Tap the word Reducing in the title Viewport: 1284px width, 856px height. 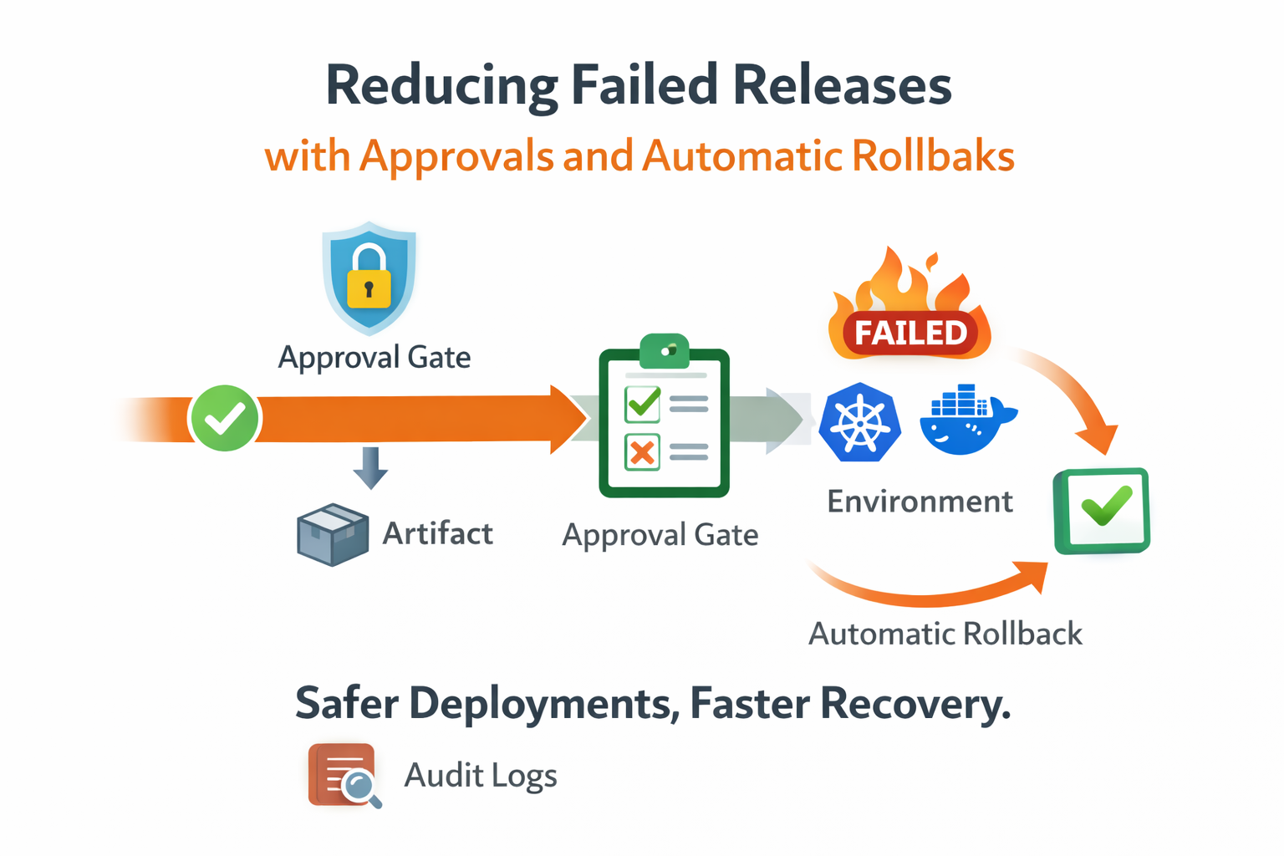(441, 85)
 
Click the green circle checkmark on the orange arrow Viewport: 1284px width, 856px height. (225, 418)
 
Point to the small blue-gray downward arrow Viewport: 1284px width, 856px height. (370, 467)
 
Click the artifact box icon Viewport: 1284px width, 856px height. (332, 535)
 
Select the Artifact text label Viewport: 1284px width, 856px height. (437, 533)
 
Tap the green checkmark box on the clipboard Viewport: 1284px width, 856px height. (643, 405)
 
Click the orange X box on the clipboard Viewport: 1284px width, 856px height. (642, 453)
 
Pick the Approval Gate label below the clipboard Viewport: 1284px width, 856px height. (660, 535)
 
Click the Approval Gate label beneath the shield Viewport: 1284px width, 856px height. (374, 358)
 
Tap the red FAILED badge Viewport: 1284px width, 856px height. (910, 333)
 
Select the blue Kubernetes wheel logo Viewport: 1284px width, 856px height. (859, 422)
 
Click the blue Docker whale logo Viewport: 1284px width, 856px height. (966, 420)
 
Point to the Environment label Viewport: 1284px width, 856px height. (920, 502)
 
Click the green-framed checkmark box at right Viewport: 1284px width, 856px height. (1102, 511)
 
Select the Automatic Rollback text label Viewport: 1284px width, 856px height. (945, 634)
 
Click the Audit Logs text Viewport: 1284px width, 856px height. (480, 776)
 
